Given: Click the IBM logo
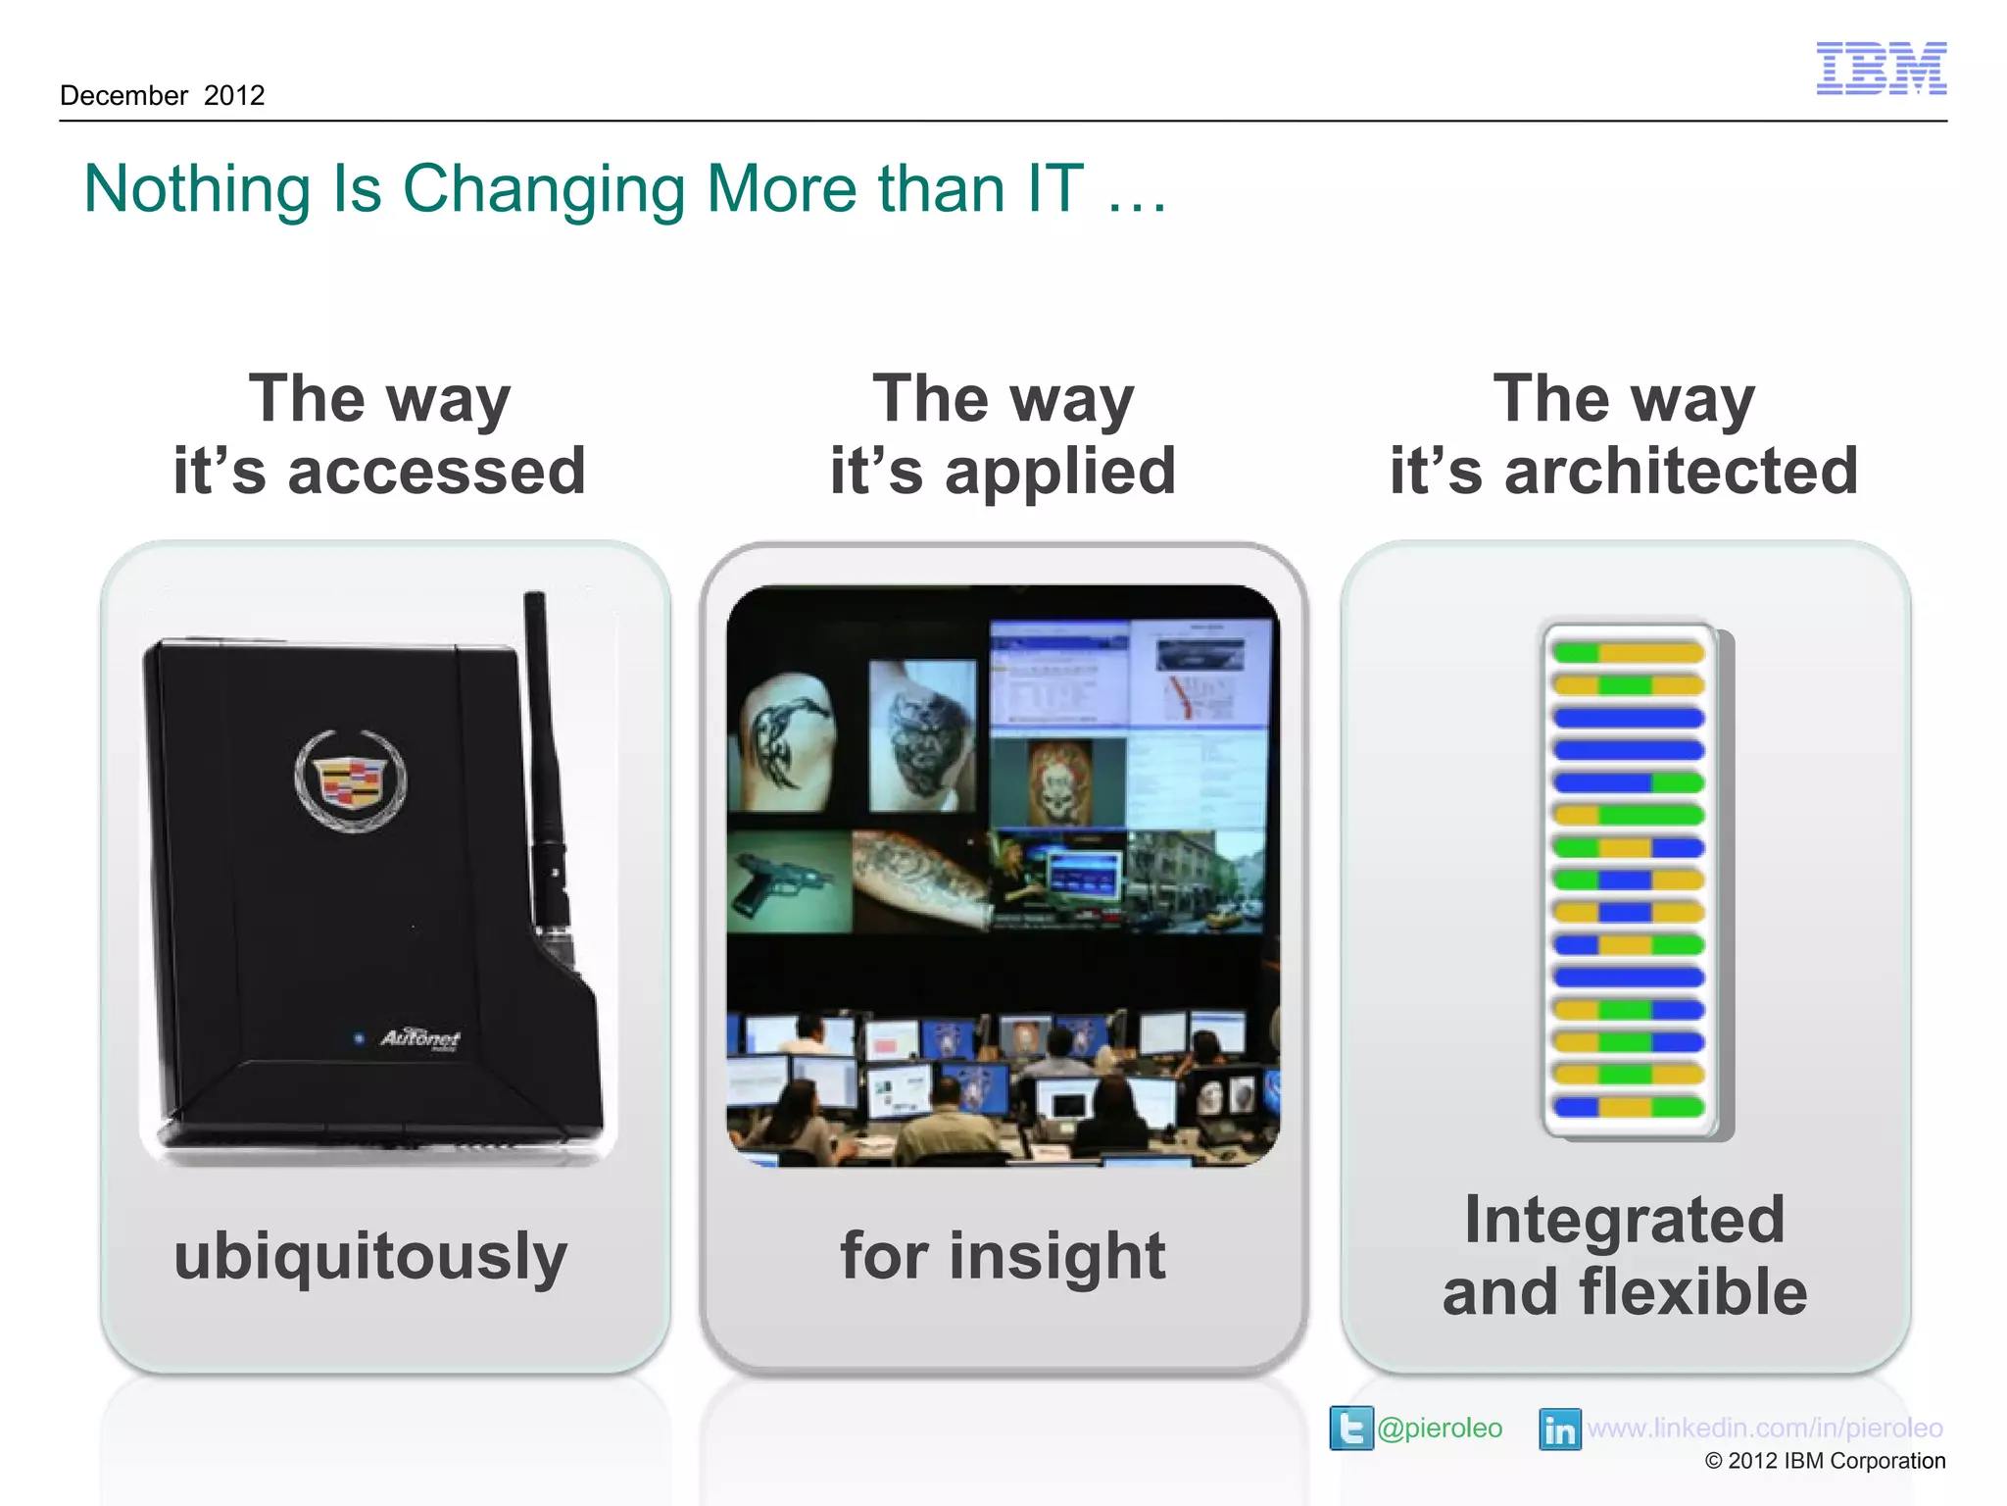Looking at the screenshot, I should click(1881, 68).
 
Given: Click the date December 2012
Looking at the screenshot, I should click(163, 95).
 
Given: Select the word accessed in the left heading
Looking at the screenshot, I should click(436, 471).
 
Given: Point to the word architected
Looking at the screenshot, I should click(1681, 471).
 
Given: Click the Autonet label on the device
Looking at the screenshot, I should click(419, 1037).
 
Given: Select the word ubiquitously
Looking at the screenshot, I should click(370, 1256).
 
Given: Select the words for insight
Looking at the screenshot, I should click(1003, 1256).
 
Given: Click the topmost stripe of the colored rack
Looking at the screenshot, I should click(1628, 652).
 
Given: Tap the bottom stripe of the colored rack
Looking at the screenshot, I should click(1628, 1107).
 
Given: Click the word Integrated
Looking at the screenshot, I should click(1625, 1220).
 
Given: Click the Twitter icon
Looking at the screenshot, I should click(1350, 1428).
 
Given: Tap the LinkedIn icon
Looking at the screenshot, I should click(1559, 1429).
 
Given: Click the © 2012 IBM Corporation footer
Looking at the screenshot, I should click(1825, 1461).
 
